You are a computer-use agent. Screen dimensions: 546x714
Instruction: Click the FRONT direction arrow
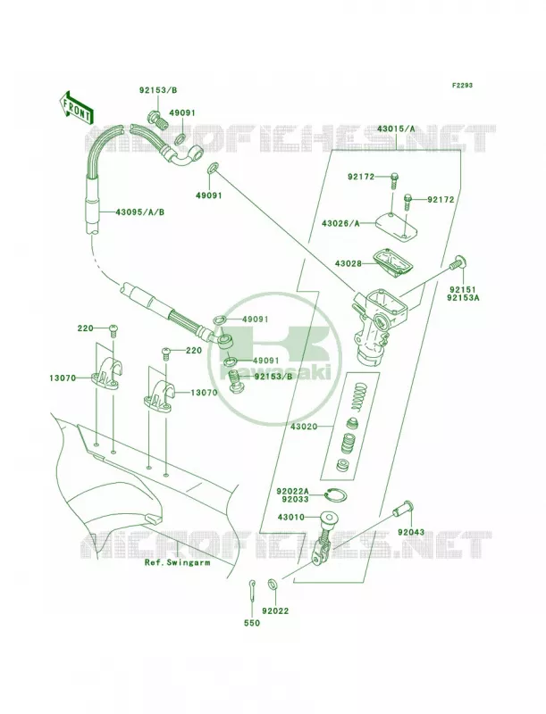[75, 107]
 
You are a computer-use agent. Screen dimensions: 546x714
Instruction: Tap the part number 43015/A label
[396, 129]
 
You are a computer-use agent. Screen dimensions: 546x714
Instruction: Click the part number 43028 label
[349, 263]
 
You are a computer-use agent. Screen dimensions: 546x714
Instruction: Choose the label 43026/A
[340, 223]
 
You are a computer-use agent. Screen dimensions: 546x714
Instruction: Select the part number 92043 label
[411, 532]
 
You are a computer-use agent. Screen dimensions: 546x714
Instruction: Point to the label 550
[252, 623]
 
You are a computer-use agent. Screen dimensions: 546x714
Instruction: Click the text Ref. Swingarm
[177, 562]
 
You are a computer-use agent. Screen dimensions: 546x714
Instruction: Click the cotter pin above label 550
[252, 588]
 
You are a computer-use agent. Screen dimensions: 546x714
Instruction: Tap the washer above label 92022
[273, 583]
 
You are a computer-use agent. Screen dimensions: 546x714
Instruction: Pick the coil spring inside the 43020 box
[361, 396]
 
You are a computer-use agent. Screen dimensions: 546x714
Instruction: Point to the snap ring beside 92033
[338, 495]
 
